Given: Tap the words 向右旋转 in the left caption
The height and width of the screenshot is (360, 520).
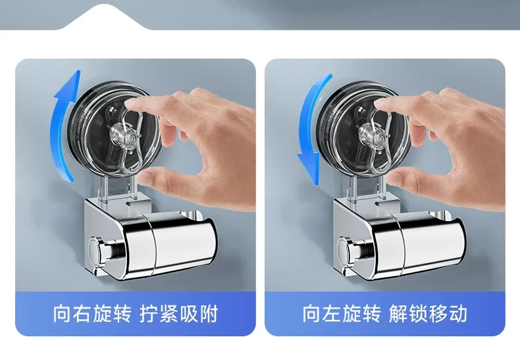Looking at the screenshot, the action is (92, 313).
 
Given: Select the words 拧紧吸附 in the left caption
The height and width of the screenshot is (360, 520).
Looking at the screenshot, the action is (178, 313).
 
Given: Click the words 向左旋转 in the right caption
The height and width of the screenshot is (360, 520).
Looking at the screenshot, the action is (342, 313).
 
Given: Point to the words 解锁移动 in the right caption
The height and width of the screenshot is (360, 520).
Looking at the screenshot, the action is (428, 313).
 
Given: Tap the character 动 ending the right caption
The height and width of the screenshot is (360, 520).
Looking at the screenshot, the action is (458, 313).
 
